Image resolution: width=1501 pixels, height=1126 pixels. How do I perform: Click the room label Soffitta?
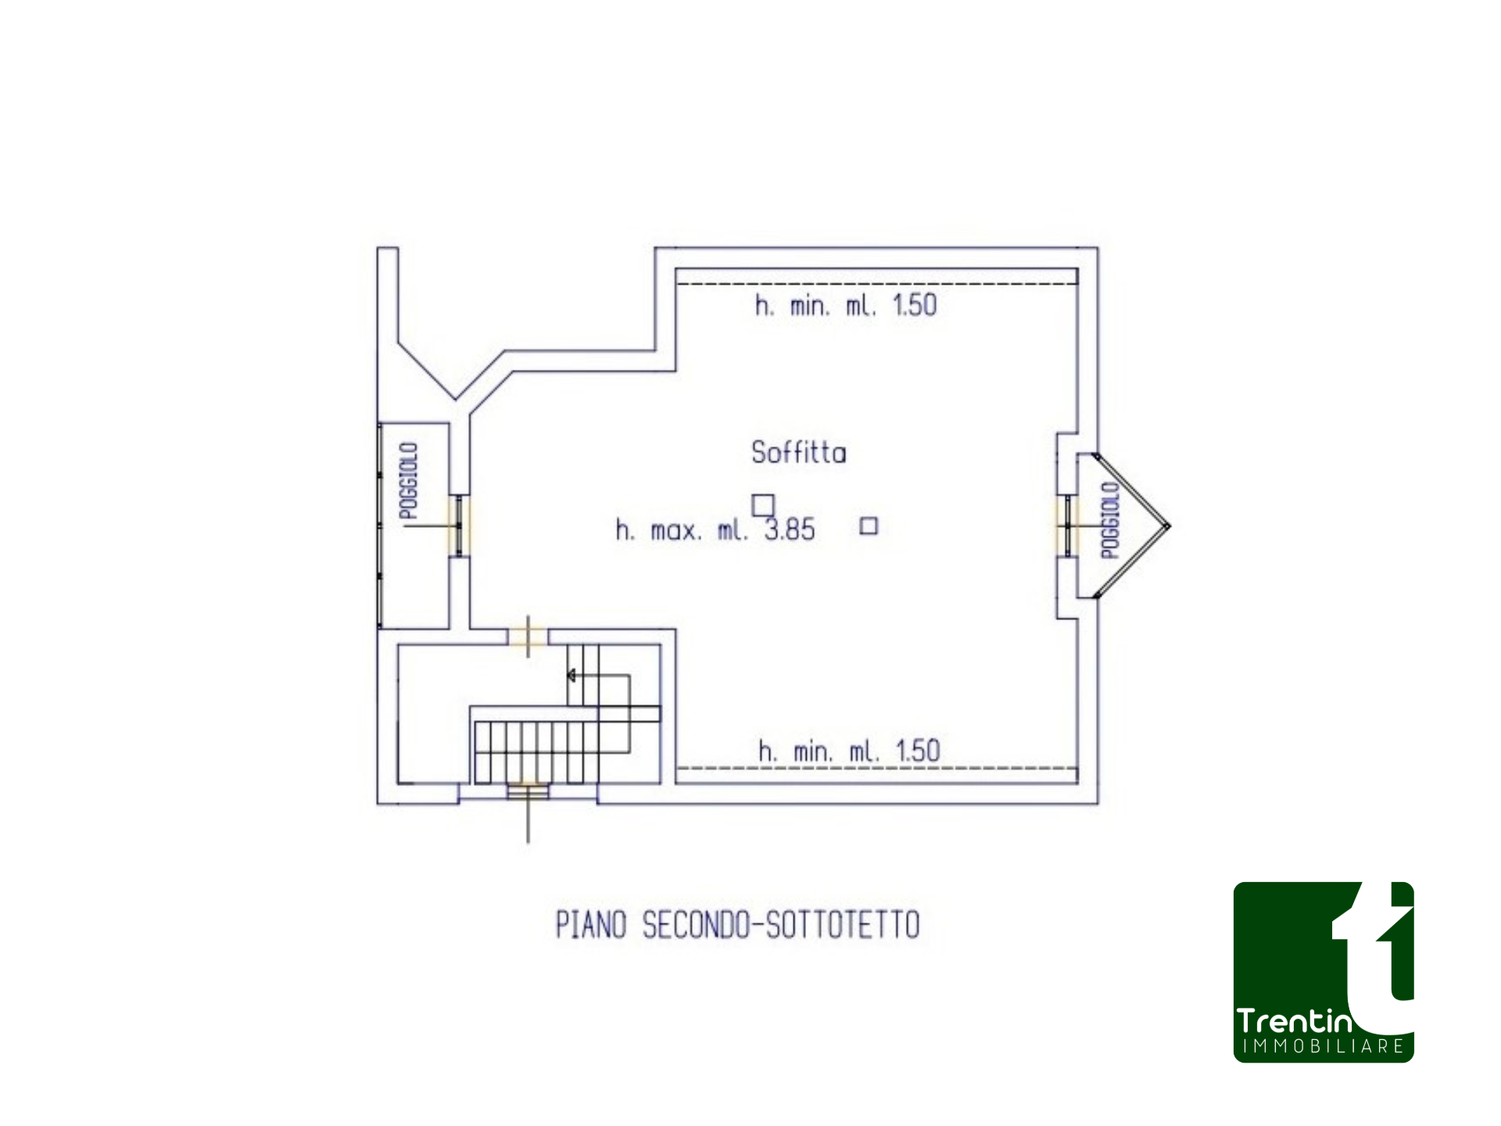(x=798, y=453)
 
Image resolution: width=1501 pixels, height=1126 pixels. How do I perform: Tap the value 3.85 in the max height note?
(x=790, y=530)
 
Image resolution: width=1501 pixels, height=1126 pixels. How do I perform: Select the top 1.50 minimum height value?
(x=914, y=305)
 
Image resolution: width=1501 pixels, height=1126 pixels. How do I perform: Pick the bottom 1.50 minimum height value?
(x=918, y=751)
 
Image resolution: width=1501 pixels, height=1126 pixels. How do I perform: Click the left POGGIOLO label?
(x=408, y=480)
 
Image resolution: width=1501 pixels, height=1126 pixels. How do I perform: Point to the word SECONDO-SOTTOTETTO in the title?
(x=781, y=925)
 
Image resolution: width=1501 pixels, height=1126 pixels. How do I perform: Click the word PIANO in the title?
(x=591, y=925)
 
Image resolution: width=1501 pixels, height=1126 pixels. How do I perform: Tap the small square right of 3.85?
(x=869, y=526)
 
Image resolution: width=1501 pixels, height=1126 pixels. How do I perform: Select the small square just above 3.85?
(x=763, y=505)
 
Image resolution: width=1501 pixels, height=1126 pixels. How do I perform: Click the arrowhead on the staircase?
(x=571, y=676)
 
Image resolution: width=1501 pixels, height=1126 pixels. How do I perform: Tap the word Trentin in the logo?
(x=1294, y=1021)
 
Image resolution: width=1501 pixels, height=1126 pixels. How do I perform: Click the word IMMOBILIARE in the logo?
(x=1324, y=1046)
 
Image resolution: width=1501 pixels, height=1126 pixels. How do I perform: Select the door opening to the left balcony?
(x=459, y=525)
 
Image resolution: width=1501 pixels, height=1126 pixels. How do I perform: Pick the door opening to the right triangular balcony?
(x=1067, y=525)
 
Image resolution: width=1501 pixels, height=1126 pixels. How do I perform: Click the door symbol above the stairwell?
(x=528, y=637)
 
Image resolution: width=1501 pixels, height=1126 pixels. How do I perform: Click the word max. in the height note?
(x=676, y=531)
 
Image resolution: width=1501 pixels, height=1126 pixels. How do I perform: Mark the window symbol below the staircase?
(x=528, y=791)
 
